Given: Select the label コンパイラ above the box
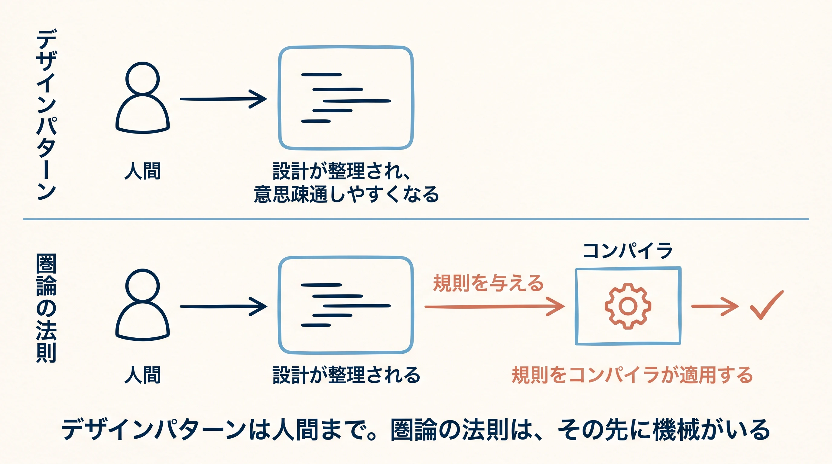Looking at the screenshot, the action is pos(628,251).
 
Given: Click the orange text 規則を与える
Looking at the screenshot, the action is pos(488,283).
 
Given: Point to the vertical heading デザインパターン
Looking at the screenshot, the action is pos(47,114).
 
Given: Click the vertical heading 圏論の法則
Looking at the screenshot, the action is pos(46,308).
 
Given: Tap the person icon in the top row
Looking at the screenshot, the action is pos(142,98).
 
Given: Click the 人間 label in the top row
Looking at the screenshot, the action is pos(142,171).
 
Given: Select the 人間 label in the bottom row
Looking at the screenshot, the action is pos(142,375).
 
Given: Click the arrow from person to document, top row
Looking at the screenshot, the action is pos(223,99).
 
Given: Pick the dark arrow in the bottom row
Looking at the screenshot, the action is pos(223,306).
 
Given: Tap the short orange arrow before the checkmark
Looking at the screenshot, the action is pos(715,306).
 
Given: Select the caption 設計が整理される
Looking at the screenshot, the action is pos(346,375).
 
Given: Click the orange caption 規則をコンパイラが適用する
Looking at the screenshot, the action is pos(632,375).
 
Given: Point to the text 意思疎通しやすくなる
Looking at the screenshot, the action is pos(346,194).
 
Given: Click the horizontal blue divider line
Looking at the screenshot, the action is pos(416,219).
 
